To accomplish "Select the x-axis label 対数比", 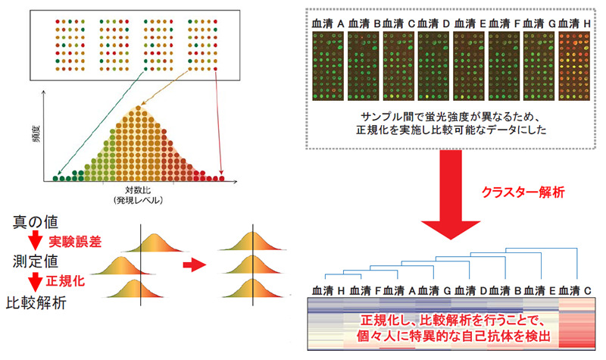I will coord(135,191).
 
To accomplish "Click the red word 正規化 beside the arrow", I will coord(65,282).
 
